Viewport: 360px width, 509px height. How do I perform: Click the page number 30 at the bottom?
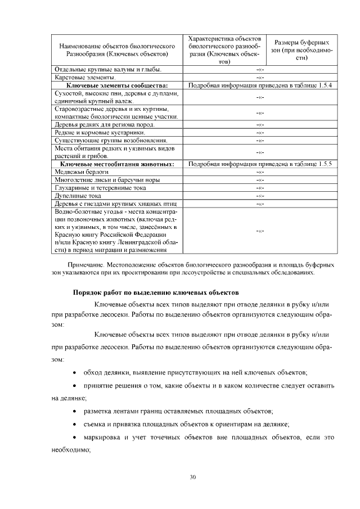pos(192,478)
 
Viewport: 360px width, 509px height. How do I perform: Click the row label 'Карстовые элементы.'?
pos(85,78)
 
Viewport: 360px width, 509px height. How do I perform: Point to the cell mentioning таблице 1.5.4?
pos(260,85)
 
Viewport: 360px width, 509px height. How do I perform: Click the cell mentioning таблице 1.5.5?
pos(260,164)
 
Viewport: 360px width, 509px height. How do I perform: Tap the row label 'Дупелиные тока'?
pos(75,195)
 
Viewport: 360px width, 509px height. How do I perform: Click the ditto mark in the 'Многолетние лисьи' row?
pos(260,179)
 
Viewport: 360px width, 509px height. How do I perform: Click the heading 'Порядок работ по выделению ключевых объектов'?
pos(156,292)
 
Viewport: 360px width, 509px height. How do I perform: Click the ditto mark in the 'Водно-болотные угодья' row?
pos(260,231)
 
